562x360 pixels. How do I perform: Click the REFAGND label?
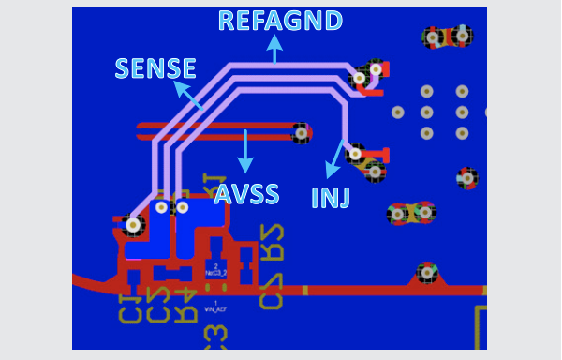pyautogui.click(x=280, y=21)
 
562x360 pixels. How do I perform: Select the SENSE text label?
pyautogui.click(x=155, y=68)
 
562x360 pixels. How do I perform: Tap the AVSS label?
pyautogui.click(x=246, y=194)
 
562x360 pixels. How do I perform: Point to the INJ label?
pyautogui.click(x=330, y=198)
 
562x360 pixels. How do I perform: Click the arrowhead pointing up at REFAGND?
pyautogui.click(x=274, y=42)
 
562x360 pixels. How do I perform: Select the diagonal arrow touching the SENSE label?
pyautogui.click(x=187, y=95)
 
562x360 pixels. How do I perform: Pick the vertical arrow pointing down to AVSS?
pyautogui.click(x=245, y=151)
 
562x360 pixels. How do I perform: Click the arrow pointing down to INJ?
pyautogui.click(x=334, y=159)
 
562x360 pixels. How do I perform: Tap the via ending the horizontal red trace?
pyautogui.click(x=301, y=133)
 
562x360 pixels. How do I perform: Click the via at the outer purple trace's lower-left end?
pyautogui.click(x=133, y=224)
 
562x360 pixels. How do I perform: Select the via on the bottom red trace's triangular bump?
pyautogui.click(x=427, y=273)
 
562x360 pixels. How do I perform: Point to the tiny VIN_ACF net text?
pyautogui.click(x=215, y=307)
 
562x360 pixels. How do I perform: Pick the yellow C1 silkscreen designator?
pyautogui.click(x=129, y=308)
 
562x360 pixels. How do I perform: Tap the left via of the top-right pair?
pyautogui.click(x=433, y=37)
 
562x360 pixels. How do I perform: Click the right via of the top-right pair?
pyautogui.click(x=461, y=37)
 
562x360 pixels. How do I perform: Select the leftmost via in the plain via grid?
pyautogui.click(x=398, y=112)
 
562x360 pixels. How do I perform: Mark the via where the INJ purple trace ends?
pyautogui.click(x=355, y=153)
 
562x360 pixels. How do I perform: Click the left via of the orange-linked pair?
pyautogui.click(x=398, y=214)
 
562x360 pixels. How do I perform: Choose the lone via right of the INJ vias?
pyautogui.click(x=466, y=177)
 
